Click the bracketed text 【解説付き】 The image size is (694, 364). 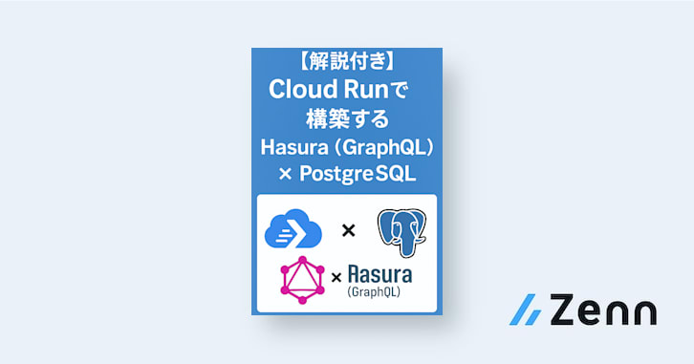(347, 64)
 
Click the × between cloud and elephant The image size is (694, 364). (348, 230)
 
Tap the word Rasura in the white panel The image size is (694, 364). (380, 274)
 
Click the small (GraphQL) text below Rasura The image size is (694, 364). (374, 292)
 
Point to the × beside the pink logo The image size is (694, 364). (337, 278)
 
